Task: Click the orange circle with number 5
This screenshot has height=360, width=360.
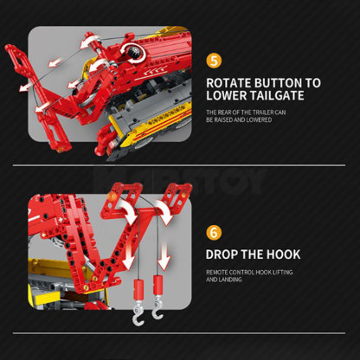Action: pyautogui.click(x=214, y=61)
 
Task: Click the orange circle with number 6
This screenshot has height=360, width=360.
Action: pyautogui.click(x=214, y=233)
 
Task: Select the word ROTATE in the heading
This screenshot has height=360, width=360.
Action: pyautogui.click(x=231, y=83)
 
